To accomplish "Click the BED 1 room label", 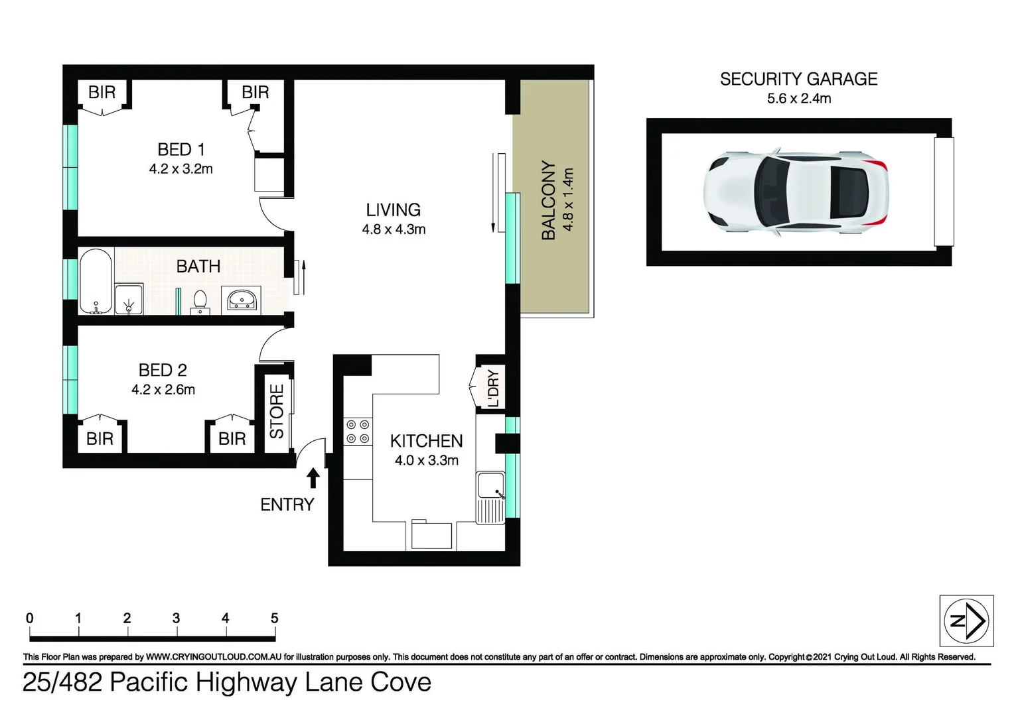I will click(181, 149).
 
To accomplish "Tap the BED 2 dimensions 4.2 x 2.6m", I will click(163, 390).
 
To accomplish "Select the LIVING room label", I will click(393, 210).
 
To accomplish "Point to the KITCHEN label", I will click(426, 441).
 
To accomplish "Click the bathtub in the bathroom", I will click(96, 282).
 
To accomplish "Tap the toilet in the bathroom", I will click(200, 302).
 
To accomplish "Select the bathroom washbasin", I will click(242, 300).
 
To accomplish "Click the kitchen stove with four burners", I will click(358, 432).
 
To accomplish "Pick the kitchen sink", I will click(490, 487).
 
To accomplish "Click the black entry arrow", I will click(313, 478).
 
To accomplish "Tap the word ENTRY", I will click(287, 505).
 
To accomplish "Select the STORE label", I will click(276, 411).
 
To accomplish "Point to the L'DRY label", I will click(493, 388).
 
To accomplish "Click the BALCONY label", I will click(548, 200).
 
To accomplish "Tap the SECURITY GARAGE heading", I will click(798, 80).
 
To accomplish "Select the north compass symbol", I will click(966, 621).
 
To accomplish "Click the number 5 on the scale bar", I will click(274, 619).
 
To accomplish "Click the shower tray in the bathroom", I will click(128, 299).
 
